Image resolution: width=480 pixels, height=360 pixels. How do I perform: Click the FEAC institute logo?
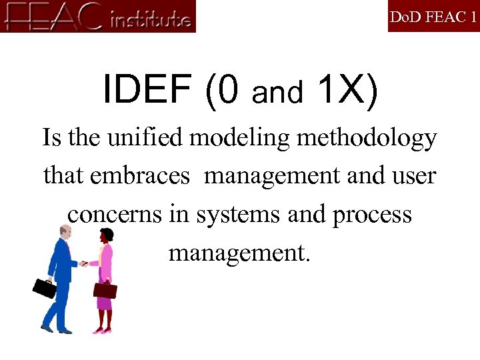pyautogui.click(x=99, y=17)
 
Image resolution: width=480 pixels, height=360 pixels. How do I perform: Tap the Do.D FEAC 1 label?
pyautogui.click(x=433, y=17)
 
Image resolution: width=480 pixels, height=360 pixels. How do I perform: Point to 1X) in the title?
pyautogui.click(x=348, y=90)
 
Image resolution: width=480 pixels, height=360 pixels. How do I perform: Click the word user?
pyautogui.click(x=413, y=177)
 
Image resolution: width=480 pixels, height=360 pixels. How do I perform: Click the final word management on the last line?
pyautogui.click(x=239, y=254)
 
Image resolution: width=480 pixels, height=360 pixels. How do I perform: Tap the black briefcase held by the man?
pyautogui.click(x=45, y=288)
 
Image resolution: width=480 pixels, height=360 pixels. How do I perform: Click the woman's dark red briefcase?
pyautogui.click(x=105, y=290)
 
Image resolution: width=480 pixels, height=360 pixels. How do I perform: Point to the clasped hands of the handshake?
pyautogui.click(x=84, y=264)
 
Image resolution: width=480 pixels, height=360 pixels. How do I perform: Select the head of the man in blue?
pyautogui.click(x=65, y=233)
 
